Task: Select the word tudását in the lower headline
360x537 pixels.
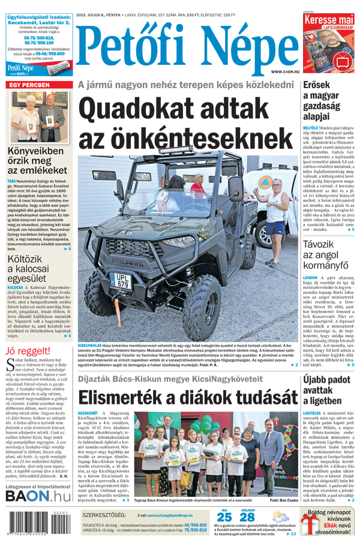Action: (x=254, y=398)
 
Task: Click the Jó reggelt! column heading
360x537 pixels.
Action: (x=28, y=350)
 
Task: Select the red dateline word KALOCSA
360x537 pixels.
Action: (x=16, y=287)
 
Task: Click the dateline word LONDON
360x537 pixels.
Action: (x=310, y=278)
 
